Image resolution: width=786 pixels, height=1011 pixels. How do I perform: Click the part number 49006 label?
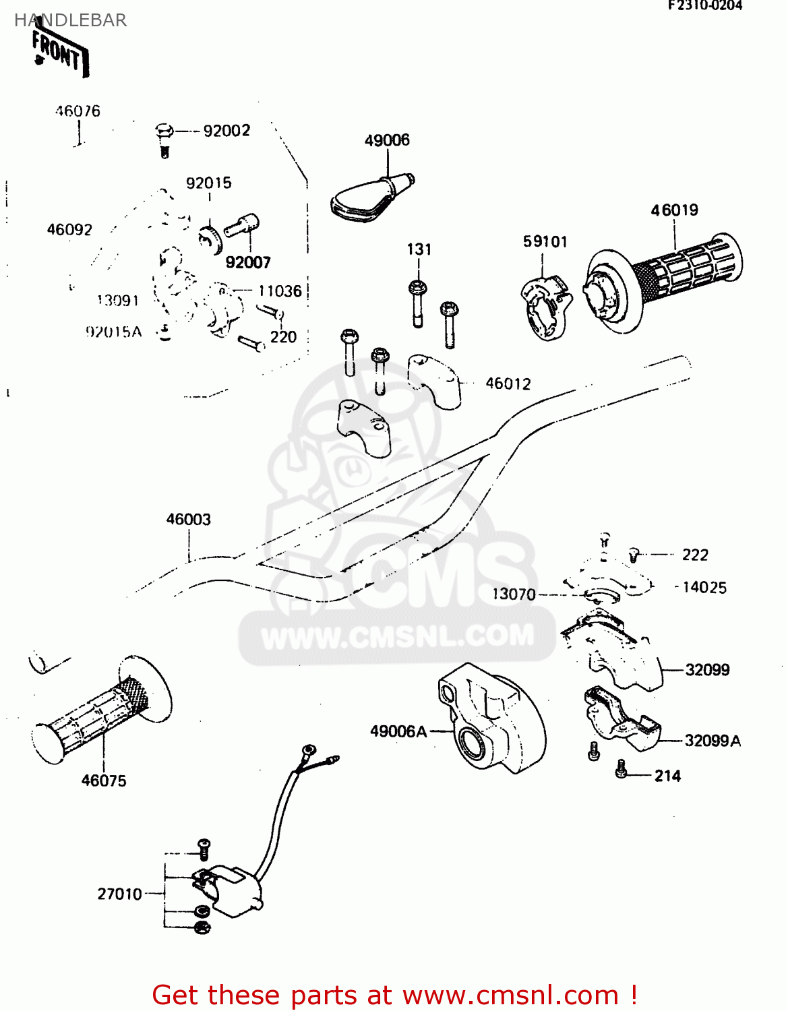tap(387, 140)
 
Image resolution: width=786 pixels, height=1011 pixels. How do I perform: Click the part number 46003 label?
tap(189, 520)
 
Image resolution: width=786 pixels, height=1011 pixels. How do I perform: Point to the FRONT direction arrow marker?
tap(60, 52)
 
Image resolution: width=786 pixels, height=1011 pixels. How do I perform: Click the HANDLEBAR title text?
tap(71, 20)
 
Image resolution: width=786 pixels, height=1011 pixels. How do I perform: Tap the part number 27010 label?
tap(119, 894)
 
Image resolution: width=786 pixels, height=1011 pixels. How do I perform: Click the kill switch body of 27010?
tap(229, 890)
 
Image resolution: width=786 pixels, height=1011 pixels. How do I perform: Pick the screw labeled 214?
tap(621, 769)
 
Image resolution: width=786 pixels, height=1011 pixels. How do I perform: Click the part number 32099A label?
tap(713, 741)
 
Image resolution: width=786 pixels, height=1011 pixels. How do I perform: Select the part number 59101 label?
tap(545, 242)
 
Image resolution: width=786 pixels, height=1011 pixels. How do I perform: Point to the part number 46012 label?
tap(508, 384)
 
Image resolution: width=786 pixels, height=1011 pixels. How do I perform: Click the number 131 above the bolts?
tap(419, 249)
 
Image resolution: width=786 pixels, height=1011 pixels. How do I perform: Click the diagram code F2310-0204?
tap(705, 6)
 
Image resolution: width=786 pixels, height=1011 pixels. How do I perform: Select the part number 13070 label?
tap(514, 594)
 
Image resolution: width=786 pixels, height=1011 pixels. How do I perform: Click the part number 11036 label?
tap(280, 291)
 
